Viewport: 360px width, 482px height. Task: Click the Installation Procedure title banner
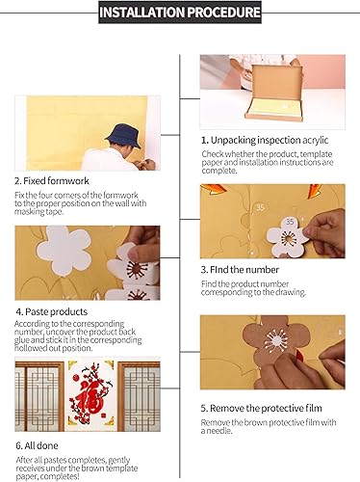pos(180,13)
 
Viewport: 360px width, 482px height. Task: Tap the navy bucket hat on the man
pos(123,136)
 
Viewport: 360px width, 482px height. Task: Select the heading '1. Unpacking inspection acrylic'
pos(265,140)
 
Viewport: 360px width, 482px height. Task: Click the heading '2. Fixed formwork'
pos(52,181)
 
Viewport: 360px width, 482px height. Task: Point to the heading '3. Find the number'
pos(240,270)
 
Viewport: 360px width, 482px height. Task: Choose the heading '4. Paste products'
pos(52,311)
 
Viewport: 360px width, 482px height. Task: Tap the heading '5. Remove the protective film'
pos(261,408)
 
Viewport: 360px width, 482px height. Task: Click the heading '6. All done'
pos(37,445)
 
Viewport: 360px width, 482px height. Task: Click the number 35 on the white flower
pos(290,222)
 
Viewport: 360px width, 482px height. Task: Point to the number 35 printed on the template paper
pos(260,207)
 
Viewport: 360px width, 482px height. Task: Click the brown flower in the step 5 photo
pos(273,341)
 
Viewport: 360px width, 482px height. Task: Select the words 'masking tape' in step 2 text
pos(39,212)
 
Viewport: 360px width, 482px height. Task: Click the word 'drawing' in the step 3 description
pos(290,292)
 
